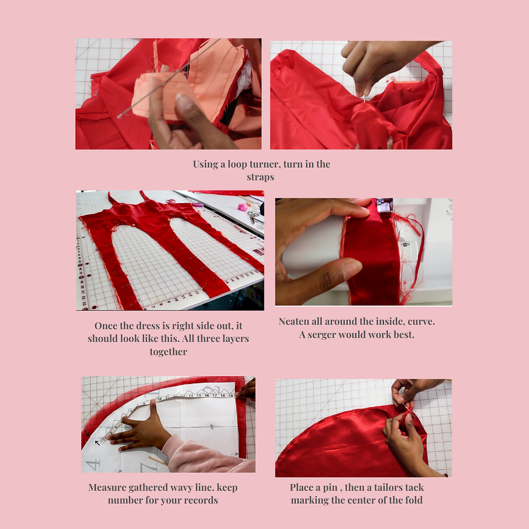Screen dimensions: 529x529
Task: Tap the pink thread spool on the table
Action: click(243, 207)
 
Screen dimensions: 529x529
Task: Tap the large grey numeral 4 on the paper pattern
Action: click(93, 464)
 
